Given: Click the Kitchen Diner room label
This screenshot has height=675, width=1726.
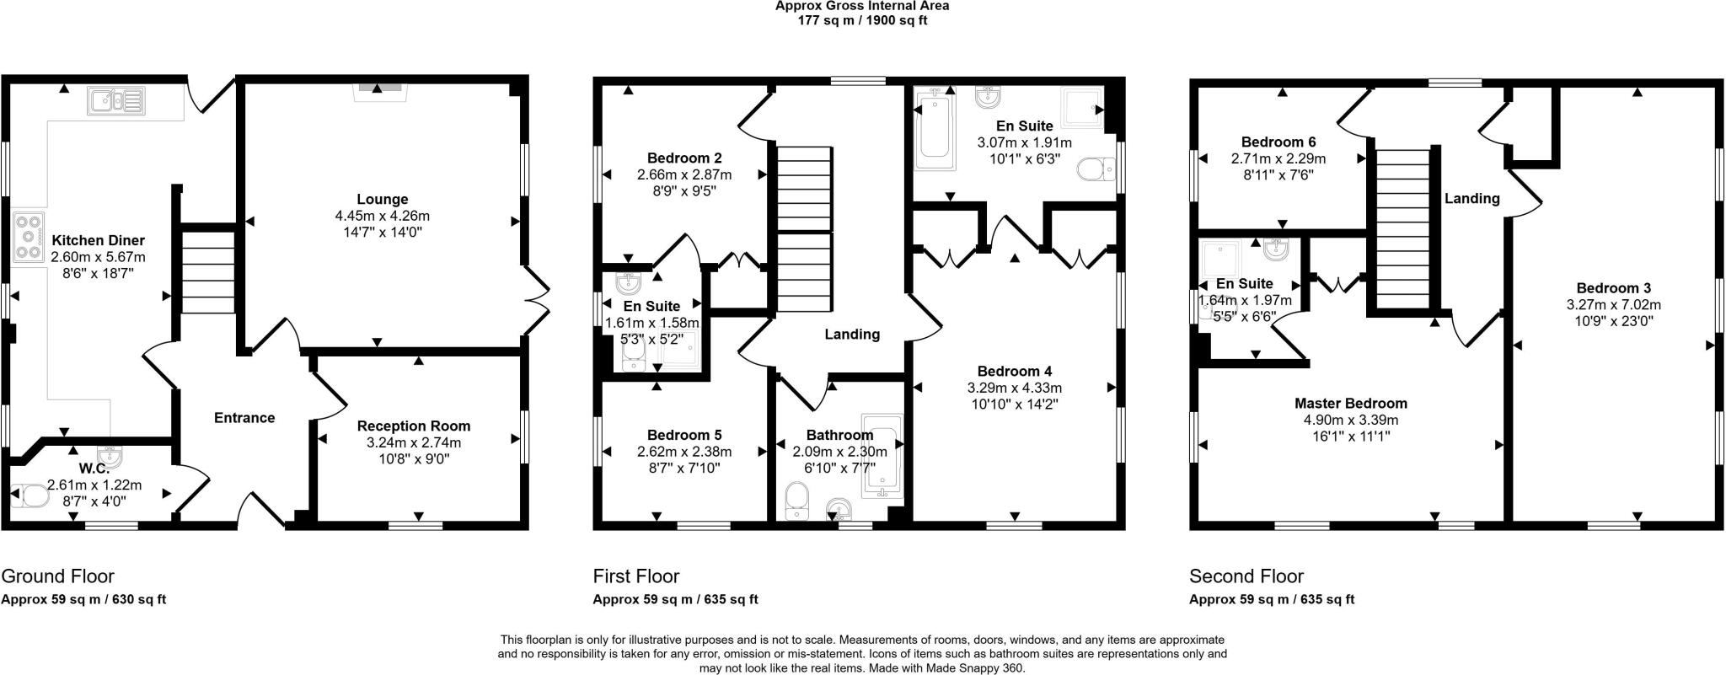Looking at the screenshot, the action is pyautogui.click(x=98, y=241).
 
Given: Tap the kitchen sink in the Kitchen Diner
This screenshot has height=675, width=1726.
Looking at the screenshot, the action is pyautogui.click(x=115, y=102).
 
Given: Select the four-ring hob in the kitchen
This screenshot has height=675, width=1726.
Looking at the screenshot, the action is pyautogui.click(x=28, y=238).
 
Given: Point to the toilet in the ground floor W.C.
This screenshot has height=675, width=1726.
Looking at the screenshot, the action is pyautogui.click(x=31, y=496).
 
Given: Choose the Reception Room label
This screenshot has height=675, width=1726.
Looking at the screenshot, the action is pyautogui.click(x=413, y=426).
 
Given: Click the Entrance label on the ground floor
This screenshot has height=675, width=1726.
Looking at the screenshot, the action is pyautogui.click(x=244, y=418).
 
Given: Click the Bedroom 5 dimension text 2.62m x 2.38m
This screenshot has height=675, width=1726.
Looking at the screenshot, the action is pyautogui.click(x=684, y=452).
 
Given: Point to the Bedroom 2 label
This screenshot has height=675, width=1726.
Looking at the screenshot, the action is pyautogui.click(x=684, y=158).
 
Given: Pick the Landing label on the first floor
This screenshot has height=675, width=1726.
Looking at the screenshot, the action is pyautogui.click(x=852, y=335).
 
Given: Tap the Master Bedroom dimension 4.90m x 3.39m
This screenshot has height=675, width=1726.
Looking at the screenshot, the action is pyautogui.click(x=1351, y=420).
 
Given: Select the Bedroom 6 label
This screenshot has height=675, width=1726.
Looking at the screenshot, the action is pyautogui.click(x=1278, y=142).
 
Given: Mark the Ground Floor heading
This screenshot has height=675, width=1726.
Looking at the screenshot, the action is pyautogui.click(x=57, y=576).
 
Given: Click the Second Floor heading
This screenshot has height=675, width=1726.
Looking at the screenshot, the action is pyautogui.click(x=1246, y=576).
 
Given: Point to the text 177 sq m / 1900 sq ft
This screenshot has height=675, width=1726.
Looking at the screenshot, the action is pyautogui.click(x=862, y=20).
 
